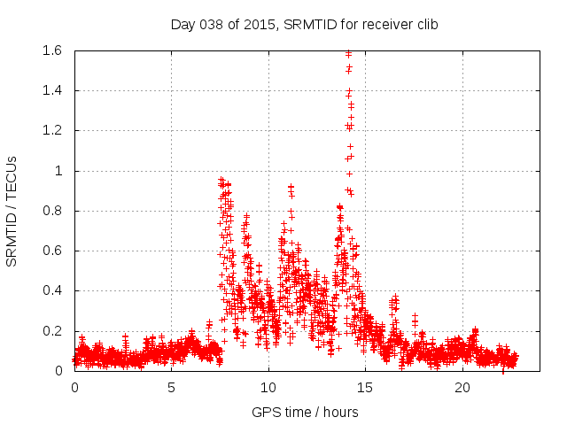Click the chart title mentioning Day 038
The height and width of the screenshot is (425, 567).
pyautogui.click(x=304, y=24)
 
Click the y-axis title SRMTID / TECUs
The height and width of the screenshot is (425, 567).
pyautogui.click(x=12, y=211)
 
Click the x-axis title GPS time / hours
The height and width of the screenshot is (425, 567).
pyautogui.click(x=304, y=412)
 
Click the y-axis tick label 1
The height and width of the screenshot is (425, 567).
pyautogui.click(x=59, y=171)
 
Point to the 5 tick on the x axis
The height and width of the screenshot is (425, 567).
pyautogui.click(x=171, y=388)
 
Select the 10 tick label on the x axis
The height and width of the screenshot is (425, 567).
pyautogui.click(x=268, y=388)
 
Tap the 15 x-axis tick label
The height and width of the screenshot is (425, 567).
pyautogui.click(x=365, y=388)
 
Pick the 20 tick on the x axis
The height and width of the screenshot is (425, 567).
pyautogui.click(x=462, y=388)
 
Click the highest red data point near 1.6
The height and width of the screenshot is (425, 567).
pyautogui.click(x=348, y=54)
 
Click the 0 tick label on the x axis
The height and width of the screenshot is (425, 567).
pyautogui.click(x=74, y=388)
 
